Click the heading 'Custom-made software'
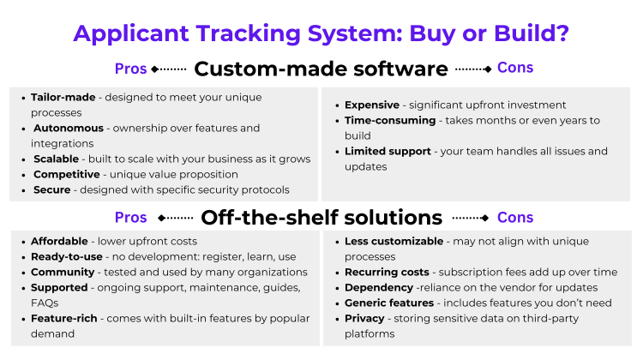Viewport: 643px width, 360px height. point(321,69)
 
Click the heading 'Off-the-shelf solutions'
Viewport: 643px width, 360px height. point(321,217)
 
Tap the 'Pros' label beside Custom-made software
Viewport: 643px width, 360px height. point(130,69)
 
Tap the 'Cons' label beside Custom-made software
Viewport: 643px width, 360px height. point(514,68)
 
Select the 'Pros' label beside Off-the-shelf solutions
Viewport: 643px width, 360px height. point(130,218)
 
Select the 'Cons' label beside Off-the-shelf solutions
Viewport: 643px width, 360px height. point(514,217)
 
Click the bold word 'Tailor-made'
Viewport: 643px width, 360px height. point(63,98)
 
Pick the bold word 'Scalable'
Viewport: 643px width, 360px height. point(56,159)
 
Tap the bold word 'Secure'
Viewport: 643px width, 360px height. point(51,190)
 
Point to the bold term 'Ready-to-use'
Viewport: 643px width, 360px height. point(65,257)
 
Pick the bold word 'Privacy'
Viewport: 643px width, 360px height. point(366,319)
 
